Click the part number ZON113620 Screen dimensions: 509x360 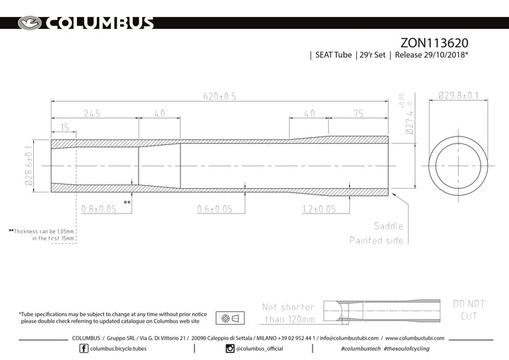(x=434, y=43)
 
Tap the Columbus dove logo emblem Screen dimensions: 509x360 (x=30, y=23)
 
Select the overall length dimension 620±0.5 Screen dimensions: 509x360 (x=219, y=96)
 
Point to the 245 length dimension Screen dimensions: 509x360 (x=92, y=113)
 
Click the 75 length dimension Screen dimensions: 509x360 (x=358, y=113)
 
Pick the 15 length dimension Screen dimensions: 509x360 (x=64, y=127)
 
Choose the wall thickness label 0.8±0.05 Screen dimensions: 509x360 (x=99, y=209)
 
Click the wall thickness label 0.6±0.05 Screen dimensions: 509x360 (x=215, y=209)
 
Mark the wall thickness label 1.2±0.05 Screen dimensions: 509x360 (x=319, y=209)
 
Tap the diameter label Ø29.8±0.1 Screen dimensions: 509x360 (x=458, y=95)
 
